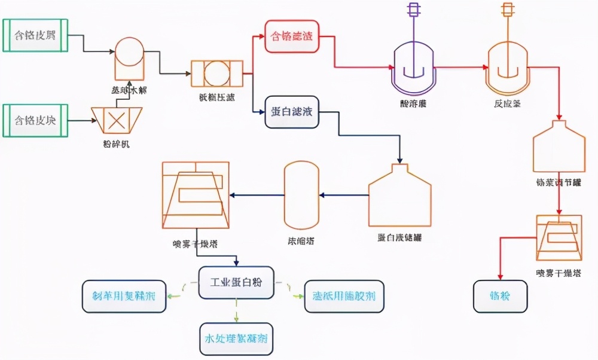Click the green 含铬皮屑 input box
[x=35, y=35]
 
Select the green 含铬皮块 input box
[x=35, y=120]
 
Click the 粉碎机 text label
[x=115, y=144]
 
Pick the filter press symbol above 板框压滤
[x=216, y=75]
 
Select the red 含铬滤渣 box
[x=291, y=36]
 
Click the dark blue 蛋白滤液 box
[x=291, y=112]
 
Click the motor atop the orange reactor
[x=508, y=9]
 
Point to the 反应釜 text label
[x=507, y=103]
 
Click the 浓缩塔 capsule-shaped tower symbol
[x=301, y=194]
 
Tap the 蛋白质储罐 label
[x=399, y=237]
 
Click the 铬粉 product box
[x=501, y=296]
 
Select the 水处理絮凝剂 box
[x=236, y=338]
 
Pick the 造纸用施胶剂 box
[x=344, y=296]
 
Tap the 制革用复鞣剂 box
[x=124, y=296]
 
